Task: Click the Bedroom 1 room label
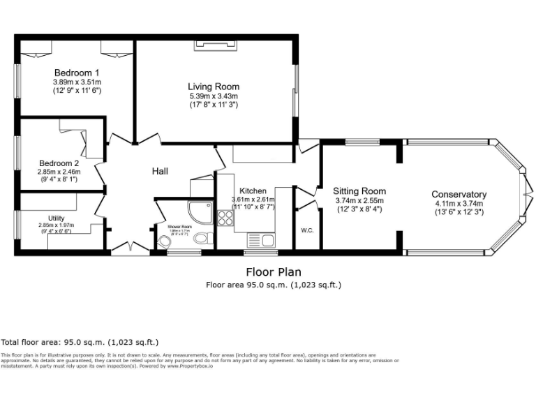tap(77, 72)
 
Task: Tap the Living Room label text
tap(214, 86)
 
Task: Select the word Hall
tap(160, 171)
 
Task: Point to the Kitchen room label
tap(253, 191)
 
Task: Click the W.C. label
tap(306, 230)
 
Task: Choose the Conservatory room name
tap(459, 194)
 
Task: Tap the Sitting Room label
tap(359, 191)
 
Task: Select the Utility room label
tap(56, 218)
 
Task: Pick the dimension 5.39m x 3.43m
tap(214, 96)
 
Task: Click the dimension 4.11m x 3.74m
tap(459, 203)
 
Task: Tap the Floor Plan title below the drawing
tap(274, 271)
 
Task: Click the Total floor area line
tap(80, 342)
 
